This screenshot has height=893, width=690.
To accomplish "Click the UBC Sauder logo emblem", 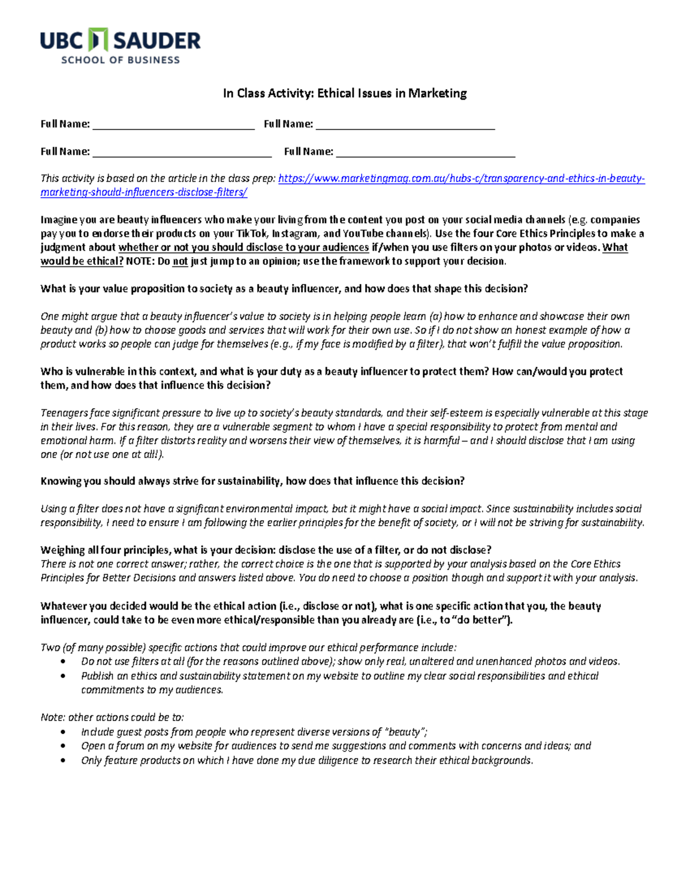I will (99, 40).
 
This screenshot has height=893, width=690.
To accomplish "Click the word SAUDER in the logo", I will (156, 41).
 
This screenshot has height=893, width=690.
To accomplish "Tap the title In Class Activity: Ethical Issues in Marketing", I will (344, 93).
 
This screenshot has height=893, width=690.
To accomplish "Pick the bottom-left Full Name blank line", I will (182, 156).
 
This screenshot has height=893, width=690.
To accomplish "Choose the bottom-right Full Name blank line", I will (425, 156).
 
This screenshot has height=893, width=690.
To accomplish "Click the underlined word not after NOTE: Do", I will (181, 261).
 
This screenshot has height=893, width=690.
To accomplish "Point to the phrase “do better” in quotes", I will (481, 620).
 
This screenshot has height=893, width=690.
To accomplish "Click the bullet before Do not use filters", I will (63, 662).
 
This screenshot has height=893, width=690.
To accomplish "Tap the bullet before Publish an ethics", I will (63, 676).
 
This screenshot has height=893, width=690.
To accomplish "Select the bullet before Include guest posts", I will (63, 733).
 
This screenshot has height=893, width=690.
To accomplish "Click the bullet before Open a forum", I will (63, 746).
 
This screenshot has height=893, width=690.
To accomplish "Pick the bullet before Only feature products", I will (63, 761).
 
